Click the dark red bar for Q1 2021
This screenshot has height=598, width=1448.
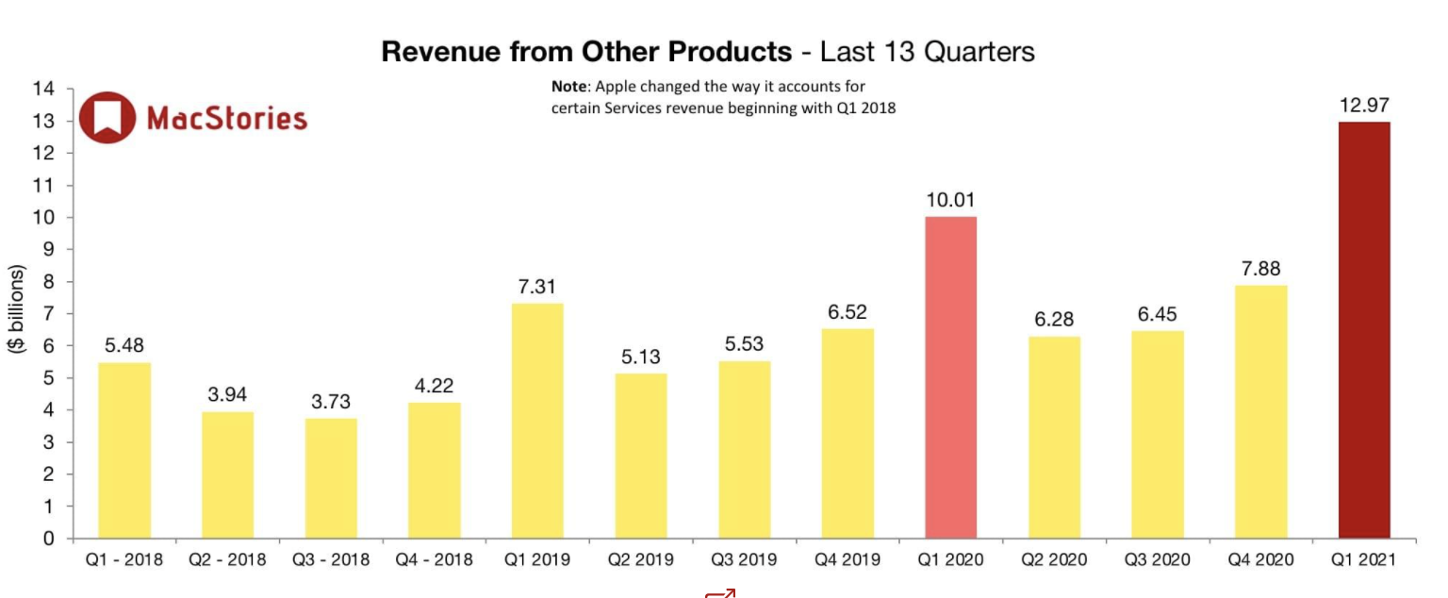click(x=1364, y=330)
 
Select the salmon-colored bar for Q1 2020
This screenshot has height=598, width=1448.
click(x=950, y=377)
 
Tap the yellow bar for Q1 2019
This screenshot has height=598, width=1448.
click(x=537, y=421)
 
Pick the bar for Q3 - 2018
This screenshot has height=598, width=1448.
click(x=331, y=478)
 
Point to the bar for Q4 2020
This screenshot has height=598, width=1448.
click(x=1260, y=412)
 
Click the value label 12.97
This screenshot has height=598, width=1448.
click(x=1364, y=106)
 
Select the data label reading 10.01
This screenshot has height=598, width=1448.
click(x=950, y=200)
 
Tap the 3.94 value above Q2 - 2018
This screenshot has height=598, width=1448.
click(x=227, y=395)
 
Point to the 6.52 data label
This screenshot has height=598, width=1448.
click(x=847, y=312)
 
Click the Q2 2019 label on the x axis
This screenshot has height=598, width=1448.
click(x=641, y=560)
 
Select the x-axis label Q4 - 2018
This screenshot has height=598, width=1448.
click(x=434, y=560)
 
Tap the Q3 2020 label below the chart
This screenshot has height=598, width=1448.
click(x=1158, y=560)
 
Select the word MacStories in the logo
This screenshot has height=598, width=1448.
click(x=227, y=118)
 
